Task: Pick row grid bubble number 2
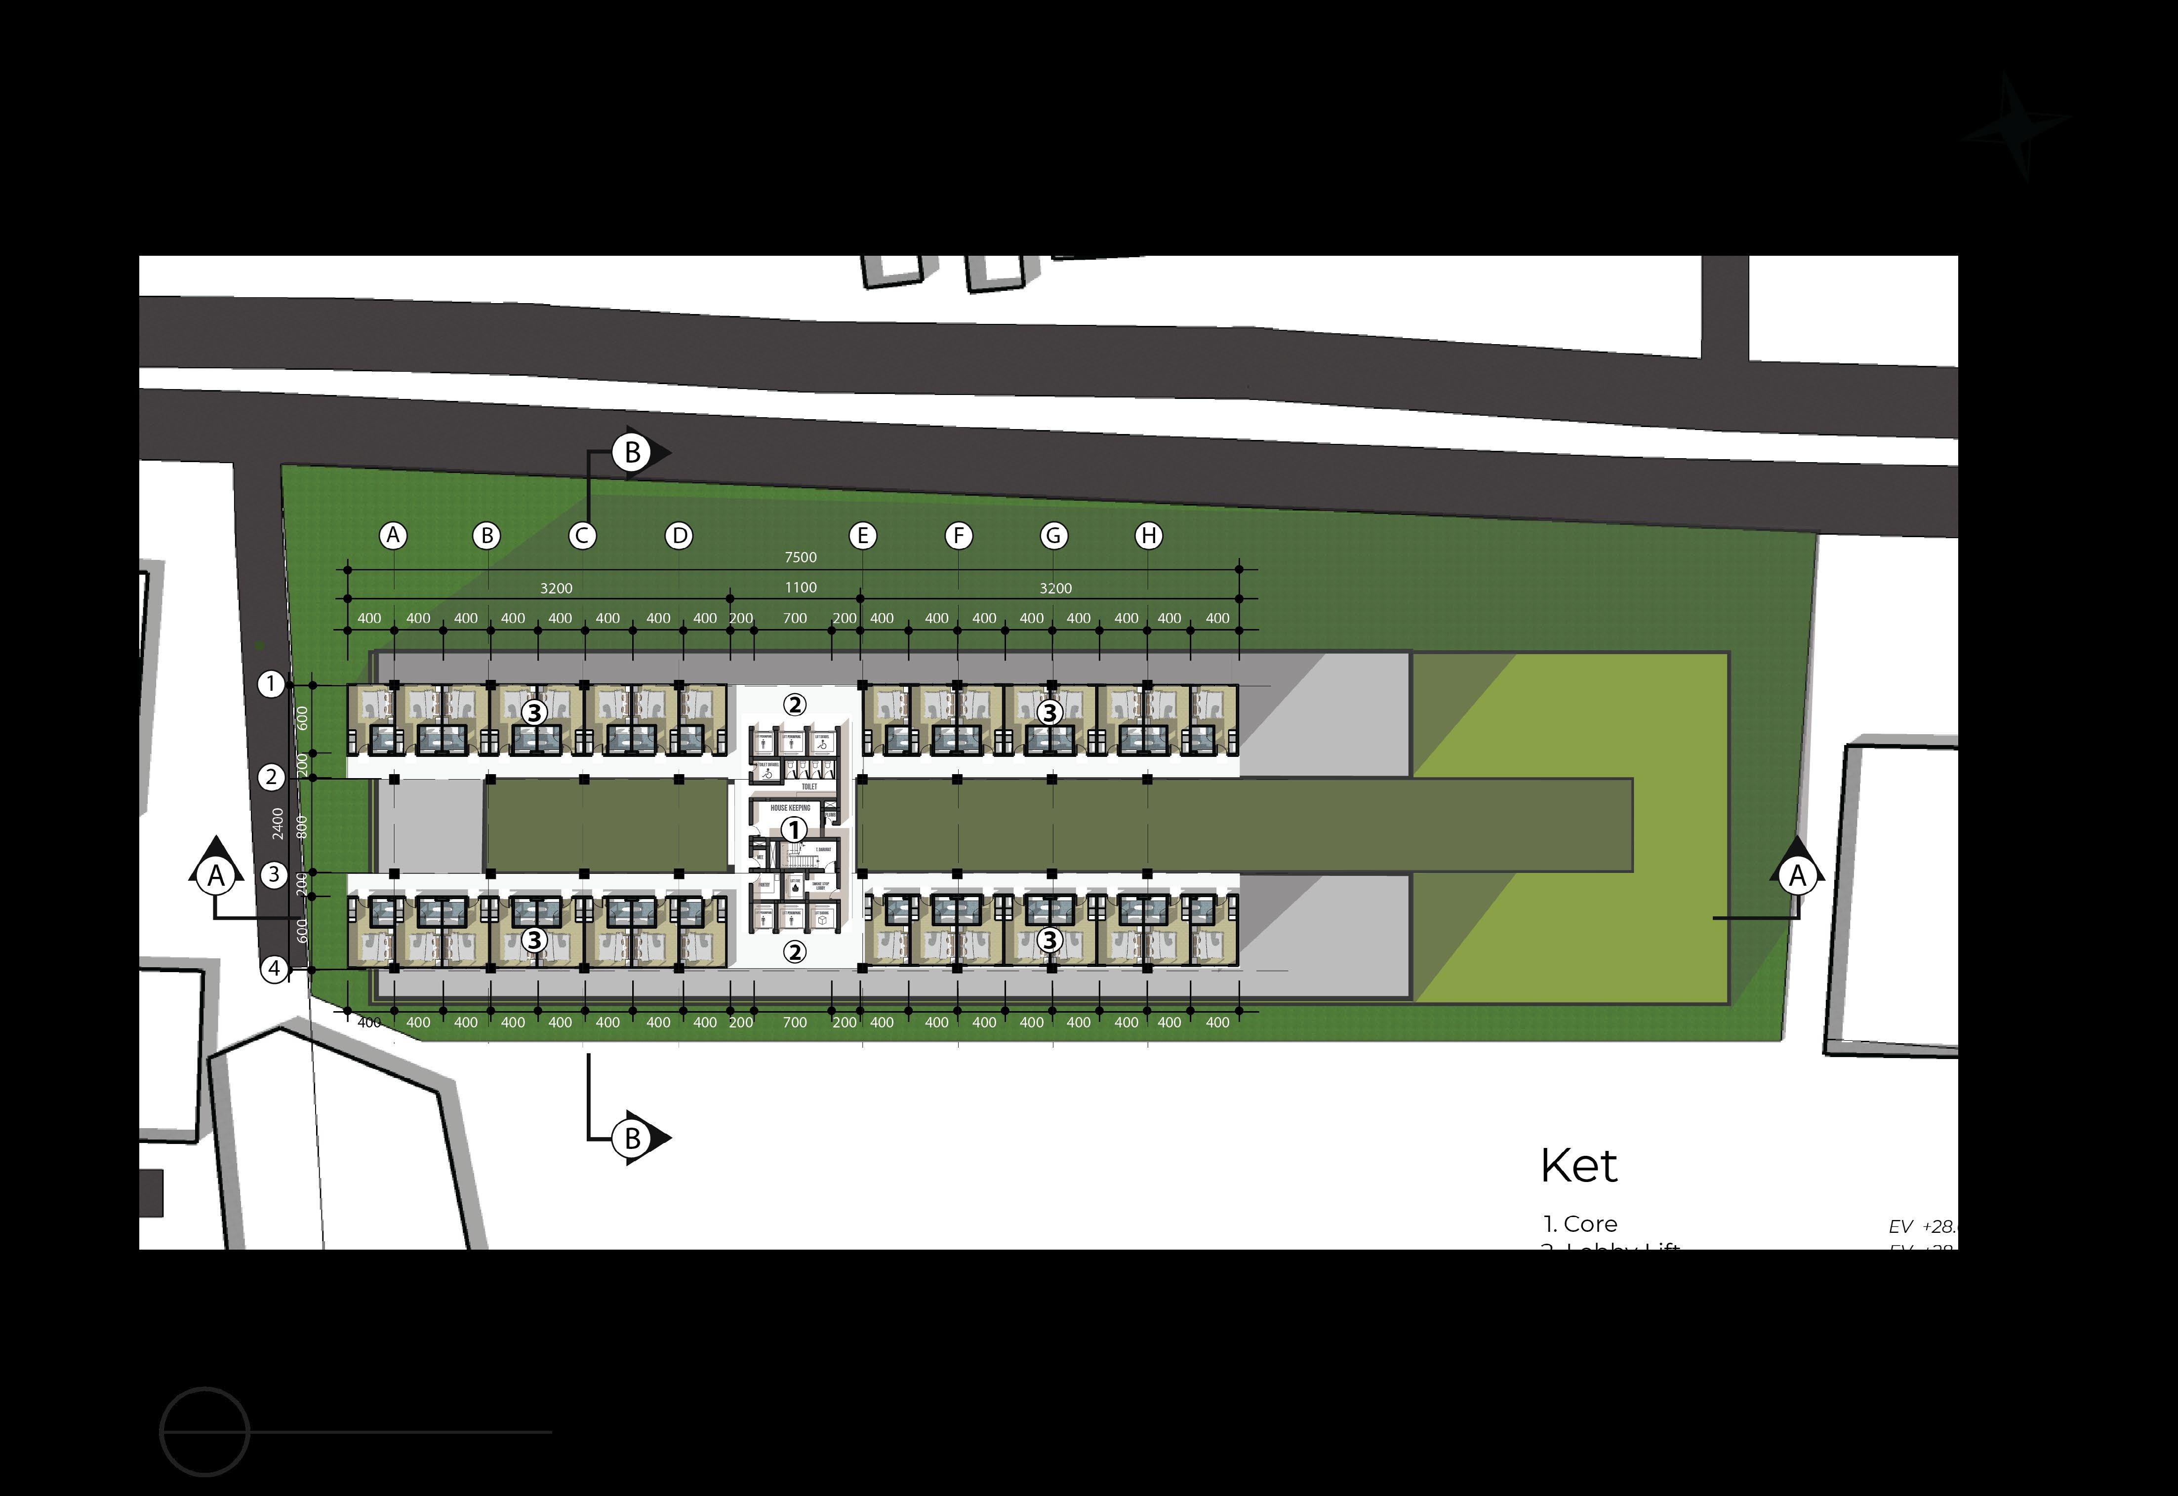tap(271, 777)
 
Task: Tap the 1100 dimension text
tap(800, 588)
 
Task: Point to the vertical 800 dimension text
tap(301, 826)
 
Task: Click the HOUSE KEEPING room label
tap(790, 808)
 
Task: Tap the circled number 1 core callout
tap(794, 829)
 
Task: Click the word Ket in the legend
tap(1579, 1166)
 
